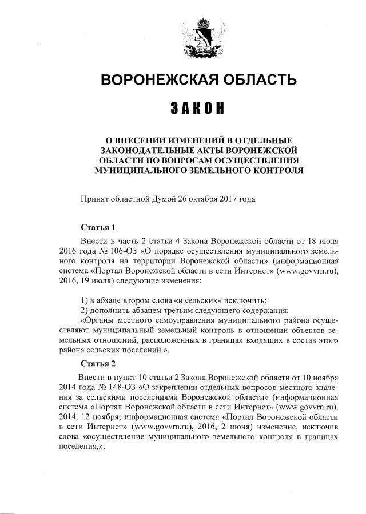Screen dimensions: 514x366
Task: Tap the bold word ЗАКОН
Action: (x=197, y=109)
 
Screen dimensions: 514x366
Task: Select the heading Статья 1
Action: (x=98, y=227)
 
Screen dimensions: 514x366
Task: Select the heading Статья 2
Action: (x=98, y=364)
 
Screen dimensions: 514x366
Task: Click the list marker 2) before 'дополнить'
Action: (x=84, y=310)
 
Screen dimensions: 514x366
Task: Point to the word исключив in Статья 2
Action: (x=321, y=427)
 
